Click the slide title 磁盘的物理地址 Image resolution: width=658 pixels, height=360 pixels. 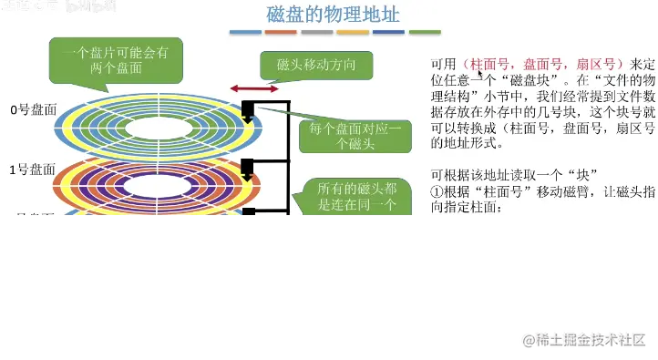click(x=333, y=15)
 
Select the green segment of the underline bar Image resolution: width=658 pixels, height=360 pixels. click(x=425, y=33)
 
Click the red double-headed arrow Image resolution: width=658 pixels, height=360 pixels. click(x=254, y=88)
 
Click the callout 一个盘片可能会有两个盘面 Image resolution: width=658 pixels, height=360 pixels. click(x=115, y=60)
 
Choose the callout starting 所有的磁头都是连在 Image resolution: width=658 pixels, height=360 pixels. click(x=342, y=196)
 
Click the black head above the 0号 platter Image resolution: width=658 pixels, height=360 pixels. click(x=247, y=111)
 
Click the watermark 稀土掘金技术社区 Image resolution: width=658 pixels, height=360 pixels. click(x=583, y=339)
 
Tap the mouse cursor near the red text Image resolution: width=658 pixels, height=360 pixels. click(x=479, y=75)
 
